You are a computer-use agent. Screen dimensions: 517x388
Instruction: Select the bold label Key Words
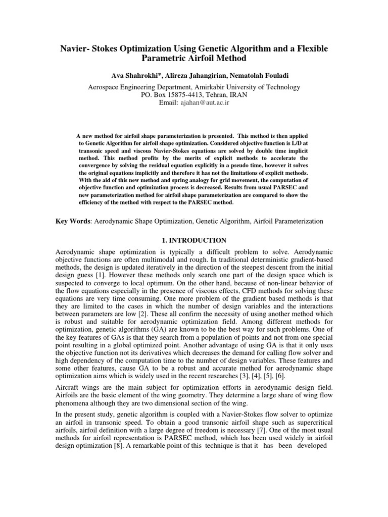pos(73,221)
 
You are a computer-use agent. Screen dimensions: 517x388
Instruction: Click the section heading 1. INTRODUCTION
pos(194,240)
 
